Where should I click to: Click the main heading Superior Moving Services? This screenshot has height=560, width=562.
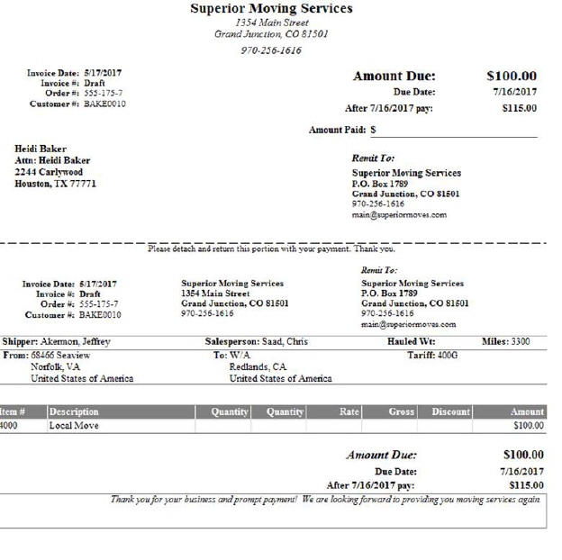(271, 9)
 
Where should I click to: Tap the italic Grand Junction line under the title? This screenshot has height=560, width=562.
(271, 34)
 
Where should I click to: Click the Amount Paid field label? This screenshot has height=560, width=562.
(338, 130)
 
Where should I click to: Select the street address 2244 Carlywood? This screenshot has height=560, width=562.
(49, 172)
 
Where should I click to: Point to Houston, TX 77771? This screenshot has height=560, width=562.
(55, 184)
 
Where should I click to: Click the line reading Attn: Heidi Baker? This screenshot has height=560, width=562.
(52, 160)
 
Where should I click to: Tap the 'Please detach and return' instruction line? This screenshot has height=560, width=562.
(271, 248)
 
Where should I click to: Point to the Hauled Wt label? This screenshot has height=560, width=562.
(412, 342)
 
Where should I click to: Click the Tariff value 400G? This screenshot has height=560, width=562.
(448, 355)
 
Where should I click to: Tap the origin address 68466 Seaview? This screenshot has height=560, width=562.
(60, 355)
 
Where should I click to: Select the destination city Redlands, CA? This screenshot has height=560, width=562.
(258, 366)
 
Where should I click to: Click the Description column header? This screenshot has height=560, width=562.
(74, 411)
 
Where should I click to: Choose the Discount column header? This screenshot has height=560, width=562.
(450, 411)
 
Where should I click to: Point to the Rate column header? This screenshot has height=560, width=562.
(349, 411)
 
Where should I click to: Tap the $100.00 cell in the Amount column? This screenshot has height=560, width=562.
(528, 425)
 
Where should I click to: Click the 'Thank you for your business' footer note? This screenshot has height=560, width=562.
(325, 499)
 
